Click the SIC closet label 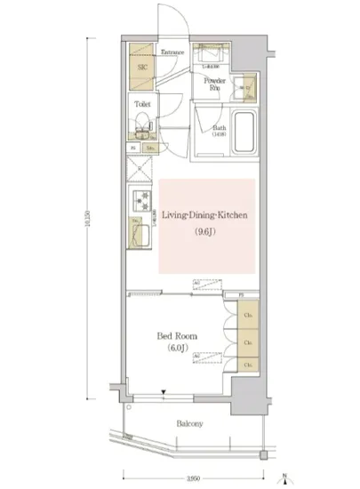pyautogui.click(x=142, y=67)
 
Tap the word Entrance pyautogui.click(x=173, y=52)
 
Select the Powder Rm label pyautogui.click(x=215, y=85)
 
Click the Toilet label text pyautogui.click(x=141, y=104)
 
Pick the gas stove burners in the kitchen pyautogui.click(x=139, y=199)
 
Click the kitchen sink pyautogui.click(x=139, y=233)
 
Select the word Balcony pyautogui.click(x=188, y=423)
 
